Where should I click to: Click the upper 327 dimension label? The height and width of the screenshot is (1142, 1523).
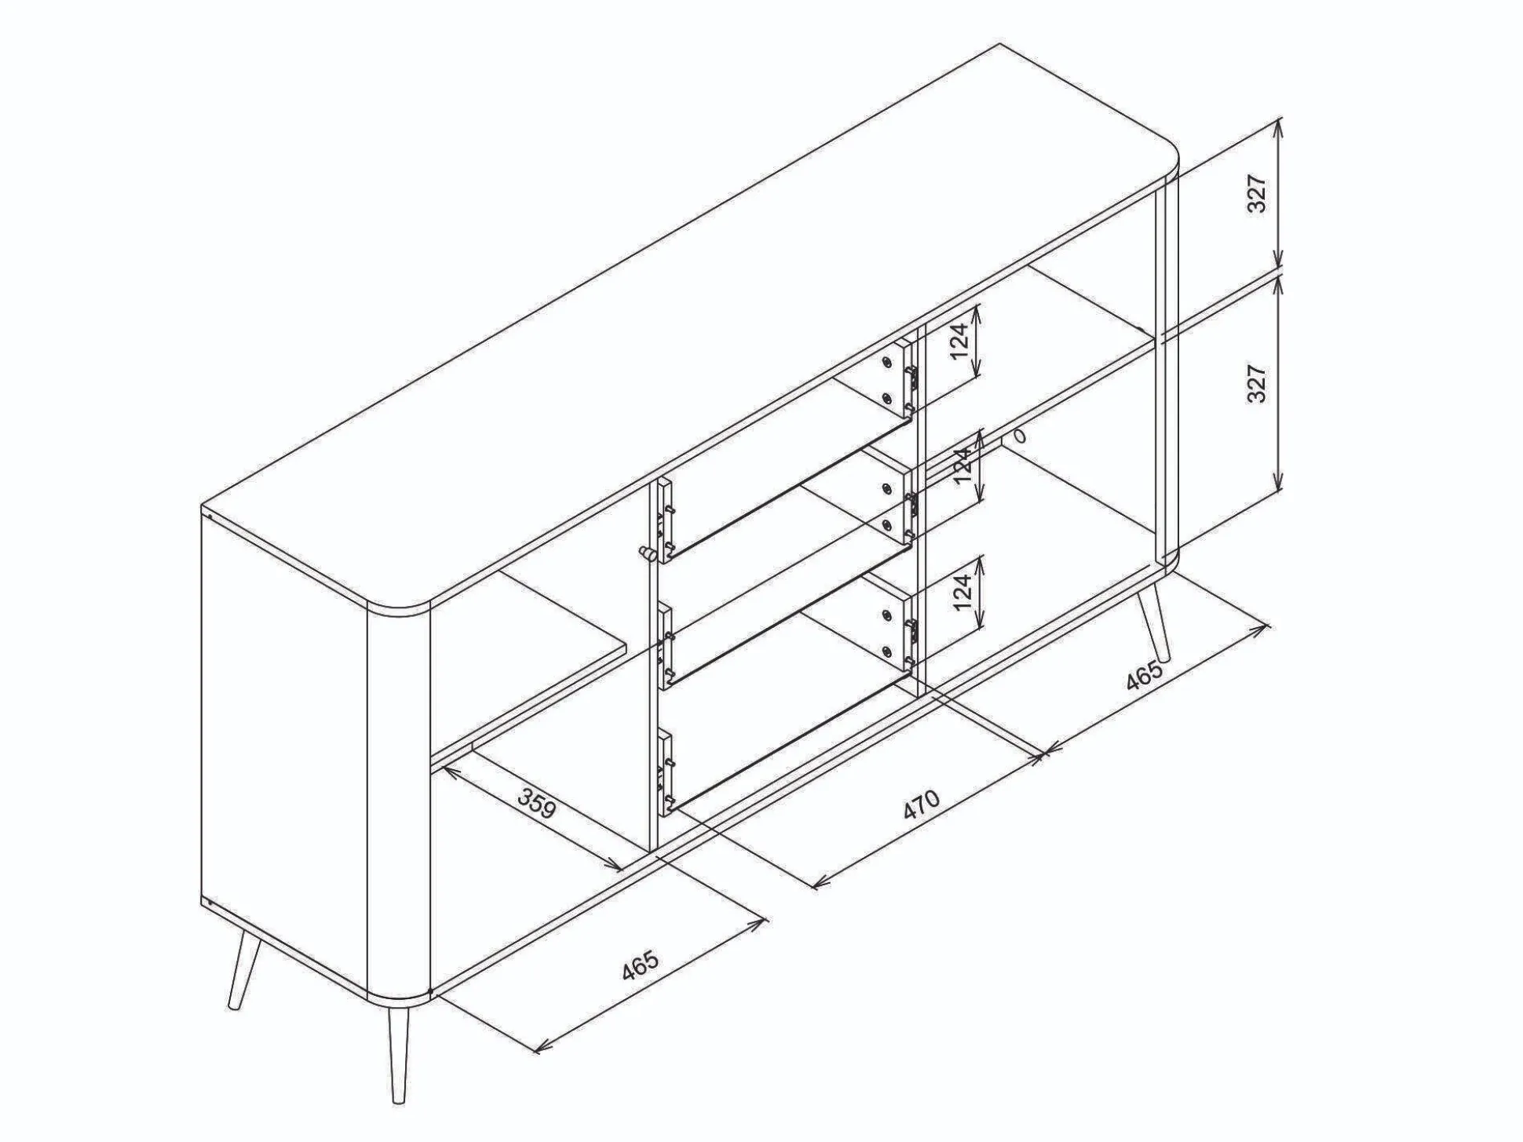1258,193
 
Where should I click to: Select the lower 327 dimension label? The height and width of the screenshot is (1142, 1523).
1258,383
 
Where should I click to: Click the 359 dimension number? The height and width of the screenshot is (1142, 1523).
537,802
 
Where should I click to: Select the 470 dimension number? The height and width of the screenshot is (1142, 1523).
921,804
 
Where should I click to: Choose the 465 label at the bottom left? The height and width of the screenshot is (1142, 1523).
640,965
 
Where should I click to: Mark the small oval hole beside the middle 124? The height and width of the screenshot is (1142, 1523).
1020,436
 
